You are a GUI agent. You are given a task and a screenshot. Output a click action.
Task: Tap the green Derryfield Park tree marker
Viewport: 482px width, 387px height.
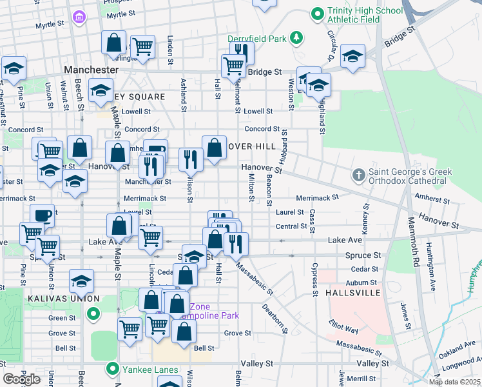[296, 38]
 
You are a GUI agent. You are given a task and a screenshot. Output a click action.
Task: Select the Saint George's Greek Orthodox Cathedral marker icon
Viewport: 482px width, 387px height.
[359, 175]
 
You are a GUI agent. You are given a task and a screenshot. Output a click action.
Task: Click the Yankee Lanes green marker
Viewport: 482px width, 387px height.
[113, 370]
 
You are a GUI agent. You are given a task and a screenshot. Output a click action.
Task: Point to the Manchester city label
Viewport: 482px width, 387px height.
[91, 69]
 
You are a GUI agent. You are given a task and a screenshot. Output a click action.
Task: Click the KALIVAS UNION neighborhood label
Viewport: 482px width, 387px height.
[63, 299]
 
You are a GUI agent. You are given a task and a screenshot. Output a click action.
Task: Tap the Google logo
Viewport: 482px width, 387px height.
[22, 379]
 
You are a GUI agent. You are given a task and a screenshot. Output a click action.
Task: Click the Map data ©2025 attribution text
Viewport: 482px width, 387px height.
[455, 382]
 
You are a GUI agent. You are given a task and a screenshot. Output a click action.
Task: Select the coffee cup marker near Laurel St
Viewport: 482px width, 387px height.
[43, 215]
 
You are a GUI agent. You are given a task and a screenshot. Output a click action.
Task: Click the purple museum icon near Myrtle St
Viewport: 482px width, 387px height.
[79, 15]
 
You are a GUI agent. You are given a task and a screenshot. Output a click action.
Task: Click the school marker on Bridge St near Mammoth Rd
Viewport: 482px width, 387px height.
[352, 56]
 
